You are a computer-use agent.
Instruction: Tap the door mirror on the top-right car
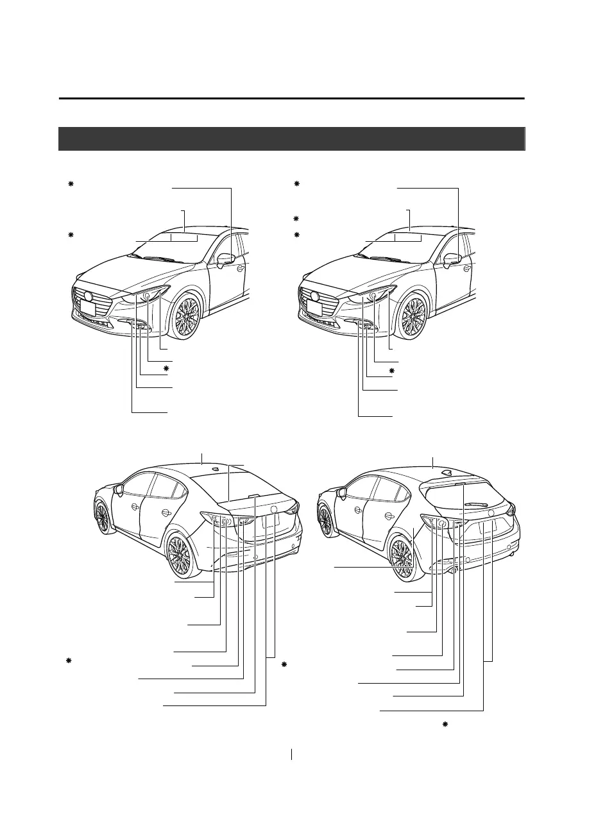[454, 260]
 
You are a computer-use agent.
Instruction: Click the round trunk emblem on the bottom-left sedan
[275, 510]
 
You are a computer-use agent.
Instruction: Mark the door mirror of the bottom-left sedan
[118, 492]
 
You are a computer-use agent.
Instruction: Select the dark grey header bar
[292, 139]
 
